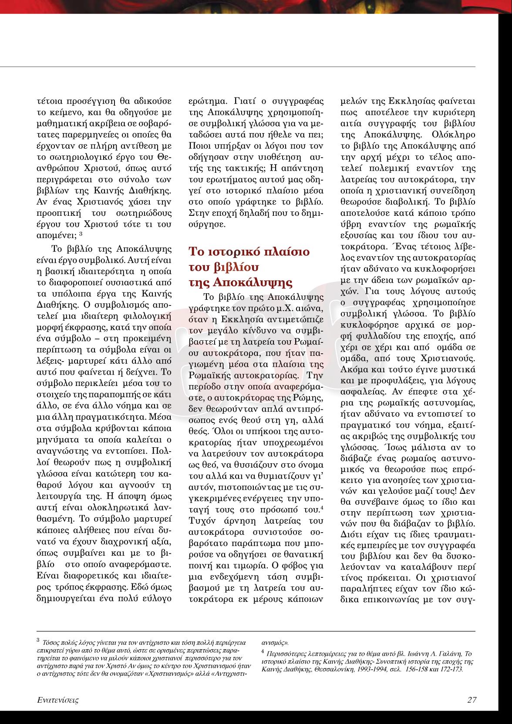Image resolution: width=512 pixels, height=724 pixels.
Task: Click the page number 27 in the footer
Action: pos(472,700)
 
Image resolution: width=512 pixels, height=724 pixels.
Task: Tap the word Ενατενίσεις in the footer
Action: pos(57,700)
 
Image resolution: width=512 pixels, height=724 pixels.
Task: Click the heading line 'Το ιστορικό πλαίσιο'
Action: pos(249,252)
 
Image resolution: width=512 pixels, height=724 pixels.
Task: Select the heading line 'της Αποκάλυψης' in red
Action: pos(240,282)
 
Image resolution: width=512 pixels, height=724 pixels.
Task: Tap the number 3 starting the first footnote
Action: pos(38,640)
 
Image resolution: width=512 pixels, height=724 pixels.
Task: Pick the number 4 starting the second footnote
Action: pos(263,652)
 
